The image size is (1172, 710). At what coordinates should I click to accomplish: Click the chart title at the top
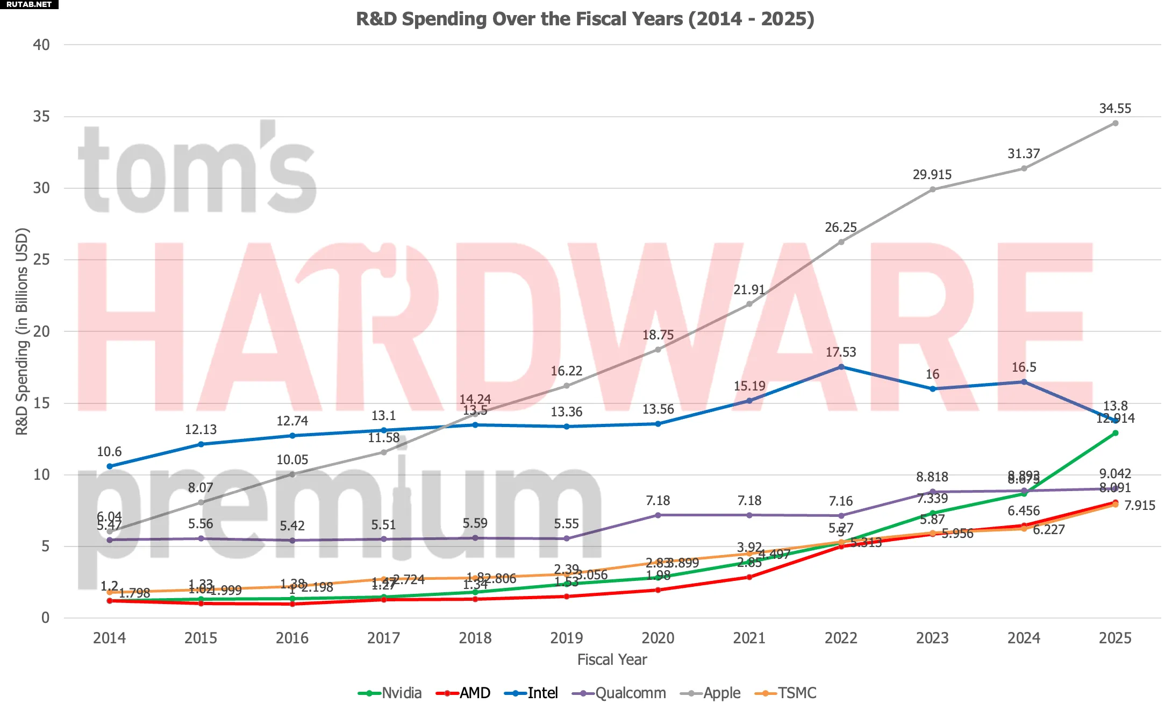[585, 19]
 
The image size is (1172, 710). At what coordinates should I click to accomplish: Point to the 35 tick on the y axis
[41, 117]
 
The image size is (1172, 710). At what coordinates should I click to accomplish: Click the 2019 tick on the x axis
[566, 638]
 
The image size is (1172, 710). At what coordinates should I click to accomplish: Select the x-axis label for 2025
[1115, 638]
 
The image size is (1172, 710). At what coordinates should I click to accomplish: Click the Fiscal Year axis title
[612, 659]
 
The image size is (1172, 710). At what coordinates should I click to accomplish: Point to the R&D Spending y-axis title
[22, 331]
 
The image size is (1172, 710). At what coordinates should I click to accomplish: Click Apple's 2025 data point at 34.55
[1115, 123]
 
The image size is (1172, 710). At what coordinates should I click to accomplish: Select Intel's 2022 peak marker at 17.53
[841, 367]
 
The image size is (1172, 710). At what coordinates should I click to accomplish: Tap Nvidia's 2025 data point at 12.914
[1115, 433]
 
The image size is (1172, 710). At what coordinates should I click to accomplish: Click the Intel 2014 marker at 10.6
[110, 466]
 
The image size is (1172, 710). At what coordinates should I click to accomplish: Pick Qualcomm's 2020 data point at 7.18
[658, 515]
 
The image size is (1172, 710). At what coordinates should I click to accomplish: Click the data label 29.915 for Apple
[932, 175]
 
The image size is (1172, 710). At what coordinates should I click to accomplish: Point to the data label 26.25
[840, 228]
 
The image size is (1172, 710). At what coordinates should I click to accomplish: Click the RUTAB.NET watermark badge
[29, 4]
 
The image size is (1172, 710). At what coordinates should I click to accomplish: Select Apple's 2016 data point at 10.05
[292, 474]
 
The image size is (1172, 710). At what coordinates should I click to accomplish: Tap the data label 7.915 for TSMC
[1139, 506]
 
